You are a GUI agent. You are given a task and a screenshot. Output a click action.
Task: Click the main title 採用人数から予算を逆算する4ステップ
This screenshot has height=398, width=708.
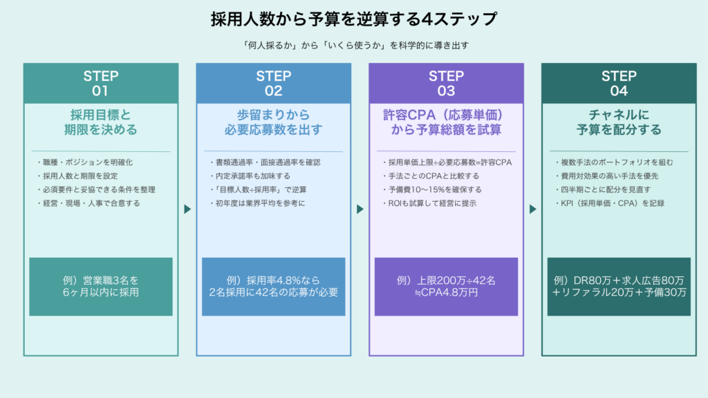click(353, 19)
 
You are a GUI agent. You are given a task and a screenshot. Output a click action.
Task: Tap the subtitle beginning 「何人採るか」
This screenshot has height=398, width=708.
click(353, 46)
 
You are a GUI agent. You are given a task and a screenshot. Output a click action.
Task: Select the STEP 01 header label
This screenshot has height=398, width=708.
click(101, 83)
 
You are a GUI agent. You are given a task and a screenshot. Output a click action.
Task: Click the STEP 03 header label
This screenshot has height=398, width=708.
click(446, 83)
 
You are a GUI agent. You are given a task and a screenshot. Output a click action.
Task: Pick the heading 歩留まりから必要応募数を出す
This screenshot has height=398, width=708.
click(274, 122)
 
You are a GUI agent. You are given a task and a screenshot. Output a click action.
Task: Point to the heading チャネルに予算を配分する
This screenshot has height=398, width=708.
click(619, 122)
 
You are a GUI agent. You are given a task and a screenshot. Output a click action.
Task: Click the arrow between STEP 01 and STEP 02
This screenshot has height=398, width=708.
click(187, 209)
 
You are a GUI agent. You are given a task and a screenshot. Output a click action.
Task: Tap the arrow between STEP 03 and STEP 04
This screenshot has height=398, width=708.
click(532, 209)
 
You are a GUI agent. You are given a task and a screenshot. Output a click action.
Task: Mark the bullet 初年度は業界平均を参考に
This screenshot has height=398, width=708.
click(257, 203)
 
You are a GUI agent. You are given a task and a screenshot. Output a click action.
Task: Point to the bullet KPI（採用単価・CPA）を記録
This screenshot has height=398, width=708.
click(608, 203)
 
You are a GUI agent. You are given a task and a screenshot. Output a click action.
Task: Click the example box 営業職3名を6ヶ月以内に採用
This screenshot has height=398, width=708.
click(101, 287)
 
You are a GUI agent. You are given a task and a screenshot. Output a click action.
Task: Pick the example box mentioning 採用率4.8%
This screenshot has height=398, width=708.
click(274, 287)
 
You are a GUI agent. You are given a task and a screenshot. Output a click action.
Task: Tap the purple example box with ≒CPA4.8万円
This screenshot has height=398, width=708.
click(446, 287)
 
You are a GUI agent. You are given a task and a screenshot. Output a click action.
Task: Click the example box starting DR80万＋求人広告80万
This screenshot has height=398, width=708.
click(619, 287)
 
